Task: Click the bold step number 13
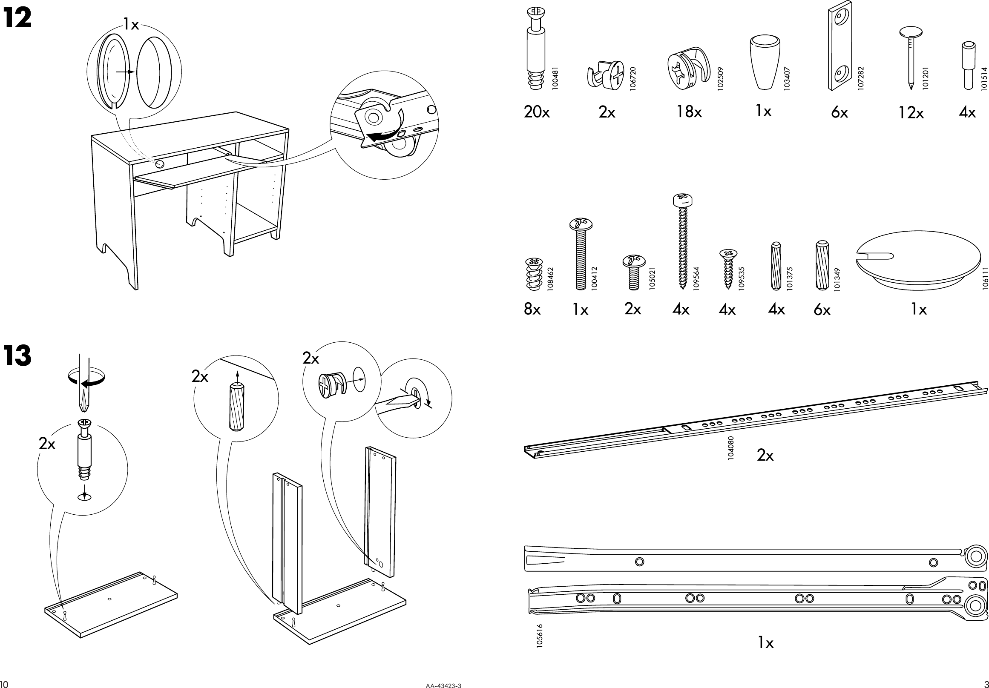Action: click(x=17, y=355)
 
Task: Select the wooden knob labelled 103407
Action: click(x=765, y=63)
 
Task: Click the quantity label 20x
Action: click(x=537, y=112)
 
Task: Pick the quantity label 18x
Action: click(x=689, y=112)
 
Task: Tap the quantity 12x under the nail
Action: click(x=911, y=113)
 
